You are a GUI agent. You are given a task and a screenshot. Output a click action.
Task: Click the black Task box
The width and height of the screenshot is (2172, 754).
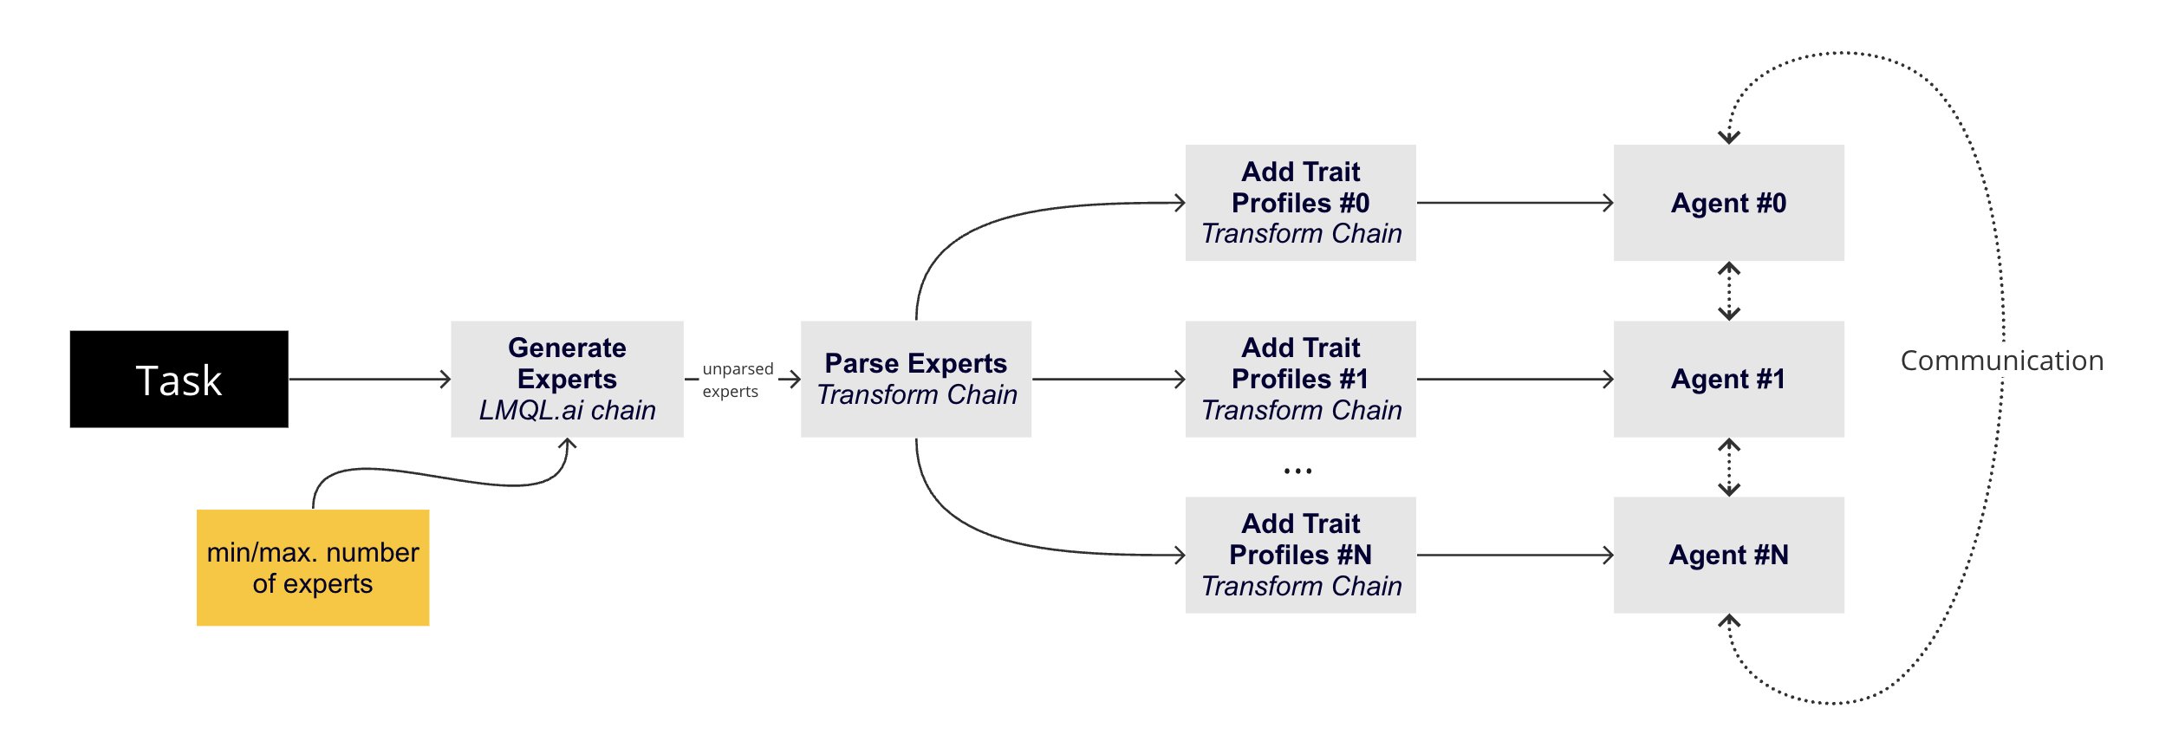[179, 379]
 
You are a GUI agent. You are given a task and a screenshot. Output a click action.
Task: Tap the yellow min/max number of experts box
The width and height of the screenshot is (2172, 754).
[312, 568]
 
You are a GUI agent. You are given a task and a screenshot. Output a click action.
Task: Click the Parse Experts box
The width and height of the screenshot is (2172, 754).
[915, 379]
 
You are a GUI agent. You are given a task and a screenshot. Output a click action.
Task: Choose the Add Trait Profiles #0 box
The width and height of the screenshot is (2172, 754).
[1300, 202]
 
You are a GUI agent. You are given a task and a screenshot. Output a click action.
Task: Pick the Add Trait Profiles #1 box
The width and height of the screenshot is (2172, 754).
[1300, 379]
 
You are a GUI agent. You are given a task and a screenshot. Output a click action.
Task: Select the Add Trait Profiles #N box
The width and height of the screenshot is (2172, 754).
[1300, 555]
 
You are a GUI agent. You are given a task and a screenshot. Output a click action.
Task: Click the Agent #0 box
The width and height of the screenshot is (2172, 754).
[1728, 203]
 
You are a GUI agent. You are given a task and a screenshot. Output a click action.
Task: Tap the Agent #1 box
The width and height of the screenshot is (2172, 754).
[1728, 379]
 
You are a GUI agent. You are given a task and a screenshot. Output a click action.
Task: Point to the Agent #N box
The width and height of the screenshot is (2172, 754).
[1728, 555]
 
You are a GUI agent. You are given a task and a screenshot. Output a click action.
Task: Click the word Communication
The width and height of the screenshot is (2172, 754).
[2001, 361]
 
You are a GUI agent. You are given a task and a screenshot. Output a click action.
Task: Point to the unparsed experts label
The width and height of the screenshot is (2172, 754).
[737, 380]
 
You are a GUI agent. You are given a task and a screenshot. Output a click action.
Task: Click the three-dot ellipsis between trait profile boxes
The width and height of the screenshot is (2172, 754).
[1297, 471]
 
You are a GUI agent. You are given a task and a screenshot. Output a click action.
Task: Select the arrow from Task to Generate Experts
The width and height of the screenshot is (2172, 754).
[369, 379]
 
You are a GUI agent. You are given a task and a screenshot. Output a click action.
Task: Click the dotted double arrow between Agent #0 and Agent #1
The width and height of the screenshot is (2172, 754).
[1729, 291]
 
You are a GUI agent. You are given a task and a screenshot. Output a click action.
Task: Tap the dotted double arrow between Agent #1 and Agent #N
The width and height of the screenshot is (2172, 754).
[1729, 467]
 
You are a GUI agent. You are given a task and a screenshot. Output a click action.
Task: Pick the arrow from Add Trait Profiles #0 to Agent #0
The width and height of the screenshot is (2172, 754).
[1514, 203]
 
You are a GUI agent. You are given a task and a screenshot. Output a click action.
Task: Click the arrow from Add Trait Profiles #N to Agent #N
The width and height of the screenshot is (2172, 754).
[1514, 555]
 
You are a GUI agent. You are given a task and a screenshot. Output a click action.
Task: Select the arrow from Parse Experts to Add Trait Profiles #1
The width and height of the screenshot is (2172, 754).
[1108, 379]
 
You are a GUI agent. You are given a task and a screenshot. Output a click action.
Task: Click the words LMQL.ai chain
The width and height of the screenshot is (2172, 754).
[567, 410]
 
